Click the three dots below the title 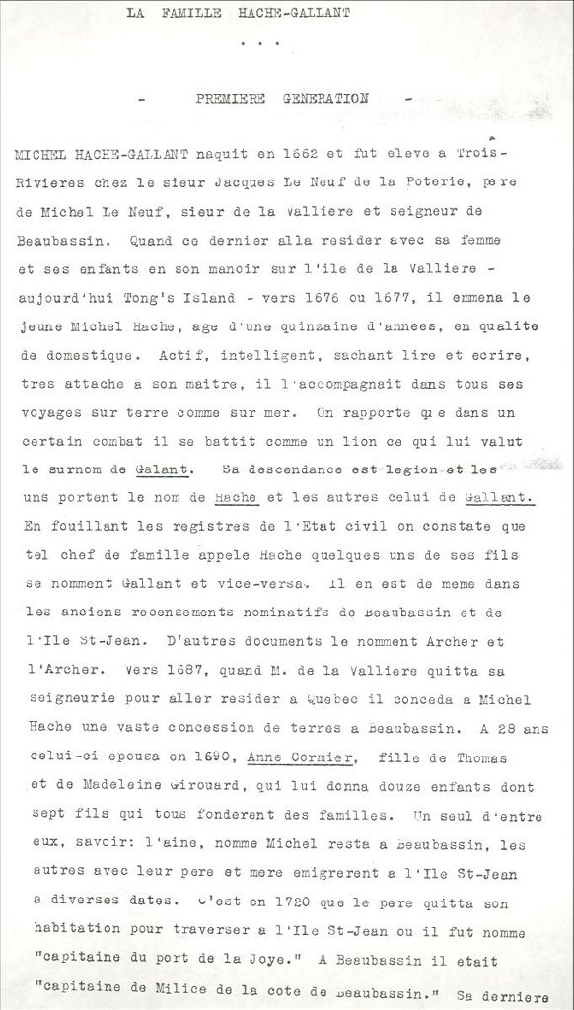tap(260, 44)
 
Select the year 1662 tap(299, 154)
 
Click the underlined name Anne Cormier tap(300, 757)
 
